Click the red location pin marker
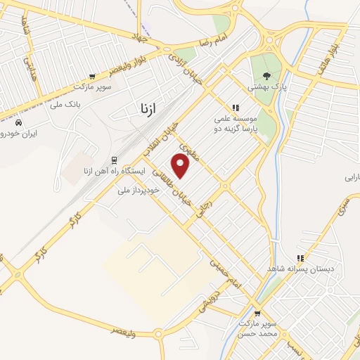(181, 167)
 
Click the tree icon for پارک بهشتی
(266, 75)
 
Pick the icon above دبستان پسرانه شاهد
(301, 258)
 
